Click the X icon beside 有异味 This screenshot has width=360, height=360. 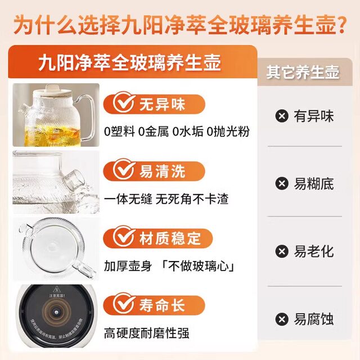[x=281, y=116]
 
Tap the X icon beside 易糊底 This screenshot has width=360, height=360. [x=281, y=184]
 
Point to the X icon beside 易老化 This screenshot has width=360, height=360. [x=281, y=251]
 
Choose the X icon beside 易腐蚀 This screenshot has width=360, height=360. [x=281, y=319]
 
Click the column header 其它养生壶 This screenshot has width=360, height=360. [x=303, y=73]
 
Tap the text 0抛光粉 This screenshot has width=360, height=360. [x=228, y=132]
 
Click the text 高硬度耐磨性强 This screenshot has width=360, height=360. [x=146, y=333]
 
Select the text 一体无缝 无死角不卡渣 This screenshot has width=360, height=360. [x=166, y=199]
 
